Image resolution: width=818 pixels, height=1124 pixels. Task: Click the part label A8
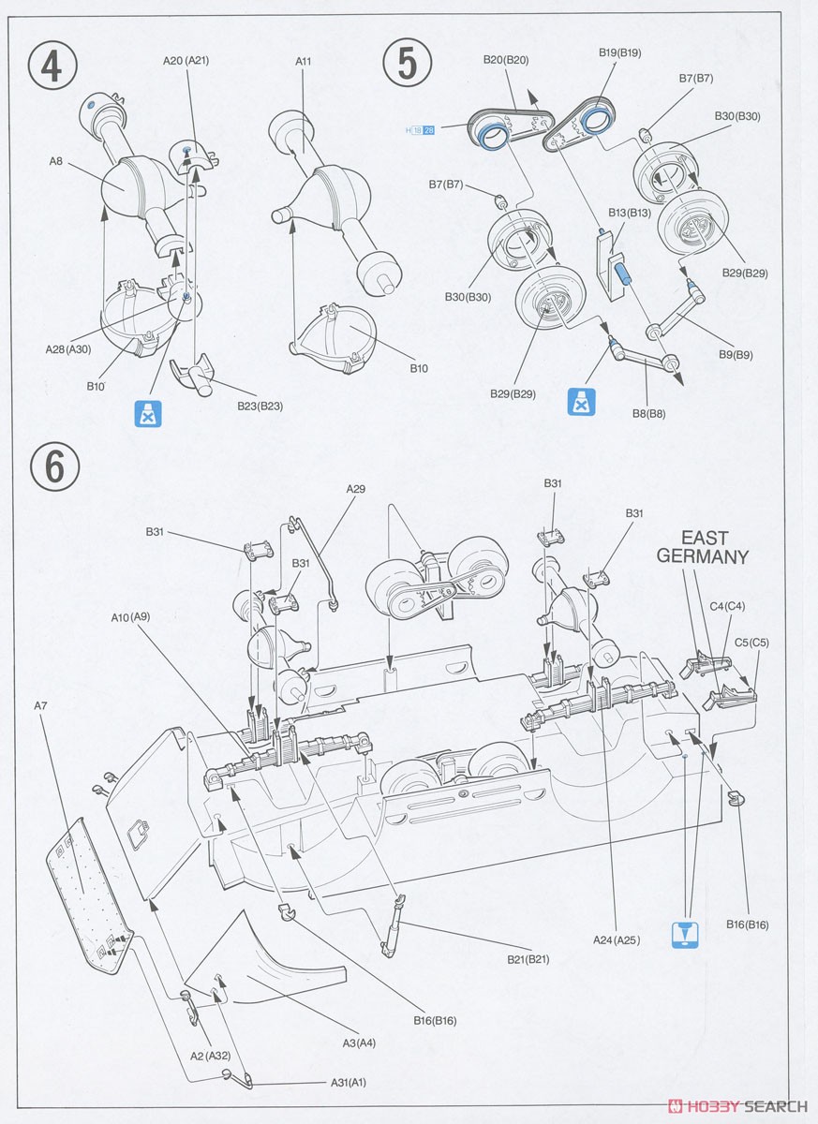[56, 161]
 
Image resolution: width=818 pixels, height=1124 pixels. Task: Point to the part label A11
[303, 62]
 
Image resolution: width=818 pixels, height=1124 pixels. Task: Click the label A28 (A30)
[68, 348]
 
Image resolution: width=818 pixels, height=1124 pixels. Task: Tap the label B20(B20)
[507, 60]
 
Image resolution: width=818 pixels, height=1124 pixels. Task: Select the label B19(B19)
[620, 53]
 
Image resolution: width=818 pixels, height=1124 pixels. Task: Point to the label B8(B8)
[647, 412]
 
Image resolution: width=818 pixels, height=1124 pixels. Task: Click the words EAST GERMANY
[703, 547]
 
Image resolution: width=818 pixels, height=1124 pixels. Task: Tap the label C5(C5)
[751, 643]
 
